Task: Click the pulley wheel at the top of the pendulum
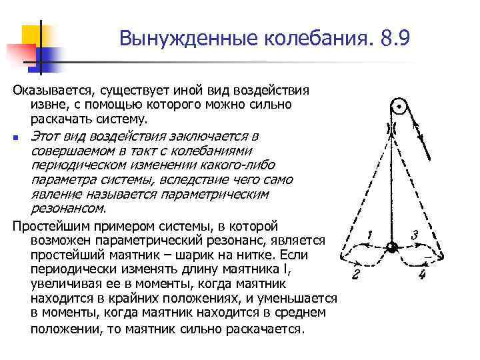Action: coord(398,107)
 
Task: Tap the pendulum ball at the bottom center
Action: coord(393,247)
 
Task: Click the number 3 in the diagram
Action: coord(415,234)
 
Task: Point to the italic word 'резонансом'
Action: coord(59,209)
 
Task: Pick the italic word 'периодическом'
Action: coord(72,165)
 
